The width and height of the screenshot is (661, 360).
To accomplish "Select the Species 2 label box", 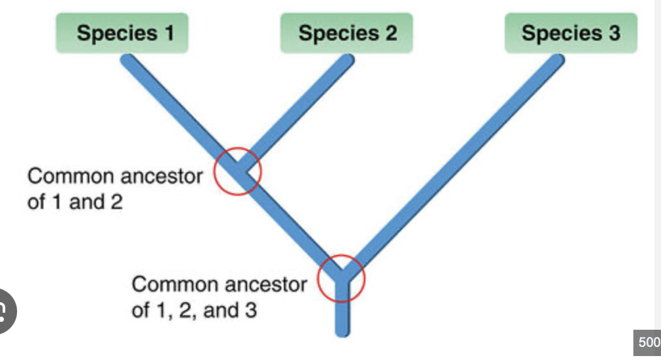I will pyautogui.click(x=347, y=33).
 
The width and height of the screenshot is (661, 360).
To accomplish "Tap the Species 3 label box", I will pyautogui.click(x=570, y=33).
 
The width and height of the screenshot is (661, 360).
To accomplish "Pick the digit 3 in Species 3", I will pyautogui.click(x=614, y=32).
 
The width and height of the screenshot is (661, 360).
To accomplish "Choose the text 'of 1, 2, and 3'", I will pyautogui.click(x=194, y=309).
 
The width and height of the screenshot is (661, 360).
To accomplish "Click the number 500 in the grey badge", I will pyautogui.click(x=648, y=343).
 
